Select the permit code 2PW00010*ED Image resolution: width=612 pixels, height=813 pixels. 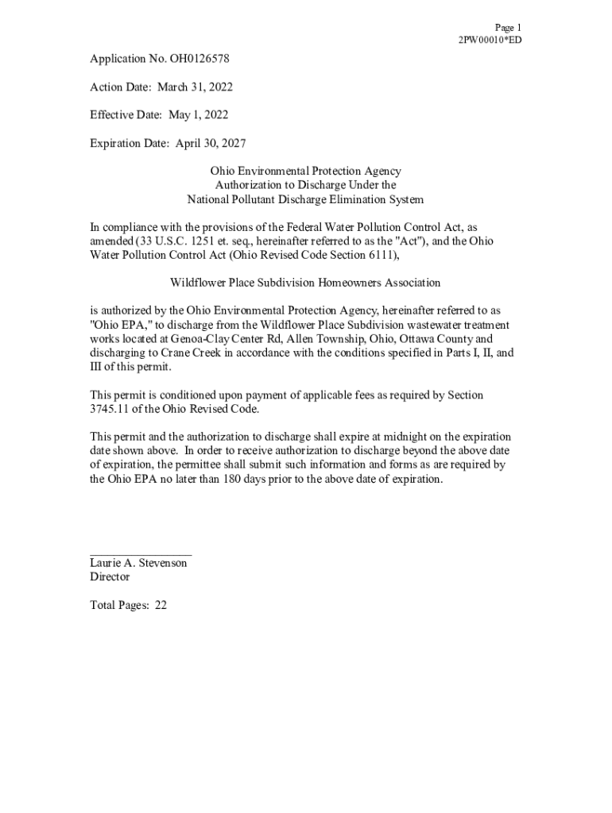coord(490,40)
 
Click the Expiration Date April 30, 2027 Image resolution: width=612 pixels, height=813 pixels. coord(208,143)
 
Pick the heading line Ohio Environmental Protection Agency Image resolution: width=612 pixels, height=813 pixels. coord(305,171)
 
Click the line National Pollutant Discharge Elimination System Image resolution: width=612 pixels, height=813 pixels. coord(305,199)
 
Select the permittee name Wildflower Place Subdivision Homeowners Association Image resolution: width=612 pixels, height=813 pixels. coord(305,283)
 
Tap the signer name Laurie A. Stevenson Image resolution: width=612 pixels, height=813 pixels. coord(138,563)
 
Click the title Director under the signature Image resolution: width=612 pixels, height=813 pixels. coord(110,577)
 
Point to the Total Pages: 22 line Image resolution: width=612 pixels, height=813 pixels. coord(128,605)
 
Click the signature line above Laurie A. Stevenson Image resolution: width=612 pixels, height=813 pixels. coord(141,554)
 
